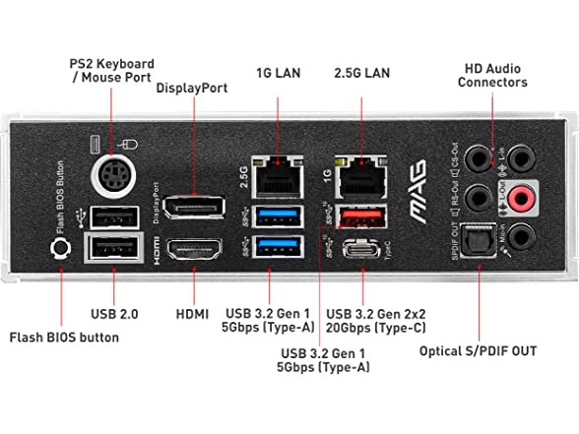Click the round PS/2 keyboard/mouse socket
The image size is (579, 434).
[x=111, y=179]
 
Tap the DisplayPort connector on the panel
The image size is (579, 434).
[x=195, y=208]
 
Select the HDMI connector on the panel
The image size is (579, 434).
[x=195, y=253]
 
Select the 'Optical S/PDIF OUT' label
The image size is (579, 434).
[x=479, y=350]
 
